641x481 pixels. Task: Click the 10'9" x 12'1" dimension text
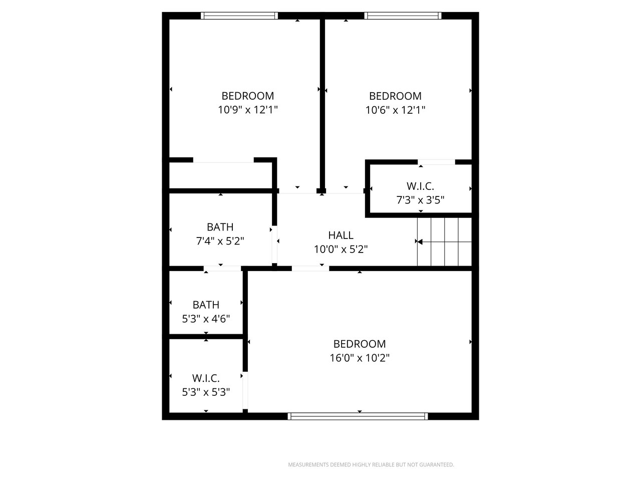pyautogui.click(x=248, y=110)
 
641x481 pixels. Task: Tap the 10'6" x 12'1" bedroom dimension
pyautogui.click(x=395, y=110)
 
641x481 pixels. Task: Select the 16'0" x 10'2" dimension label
pyautogui.click(x=360, y=358)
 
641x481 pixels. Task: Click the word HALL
pyautogui.click(x=341, y=235)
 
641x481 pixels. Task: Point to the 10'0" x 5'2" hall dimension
pyautogui.click(x=341, y=249)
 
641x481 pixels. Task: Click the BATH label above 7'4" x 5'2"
pyautogui.click(x=220, y=227)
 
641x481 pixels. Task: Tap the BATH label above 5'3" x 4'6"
pyautogui.click(x=206, y=305)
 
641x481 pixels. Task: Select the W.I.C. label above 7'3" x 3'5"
pyautogui.click(x=420, y=186)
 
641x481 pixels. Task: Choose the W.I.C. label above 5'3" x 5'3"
pyautogui.click(x=206, y=378)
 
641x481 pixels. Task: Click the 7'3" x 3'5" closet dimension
pyautogui.click(x=420, y=200)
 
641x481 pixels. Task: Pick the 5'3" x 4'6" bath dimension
pyautogui.click(x=206, y=319)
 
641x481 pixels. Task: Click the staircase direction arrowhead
pyautogui.click(x=420, y=242)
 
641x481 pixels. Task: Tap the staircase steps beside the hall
pyautogui.click(x=445, y=242)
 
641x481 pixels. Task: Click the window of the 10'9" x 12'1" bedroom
pyautogui.click(x=239, y=16)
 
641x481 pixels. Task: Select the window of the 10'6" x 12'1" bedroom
pyautogui.click(x=403, y=16)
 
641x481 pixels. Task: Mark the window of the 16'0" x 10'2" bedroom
pyautogui.click(x=358, y=416)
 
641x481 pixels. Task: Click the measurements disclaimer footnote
pyautogui.click(x=371, y=464)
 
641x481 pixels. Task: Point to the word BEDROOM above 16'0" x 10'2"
pyautogui.click(x=360, y=344)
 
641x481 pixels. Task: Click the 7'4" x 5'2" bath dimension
pyautogui.click(x=220, y=241)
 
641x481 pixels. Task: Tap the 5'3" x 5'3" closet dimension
pyautogui.click(x=206, y=392)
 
